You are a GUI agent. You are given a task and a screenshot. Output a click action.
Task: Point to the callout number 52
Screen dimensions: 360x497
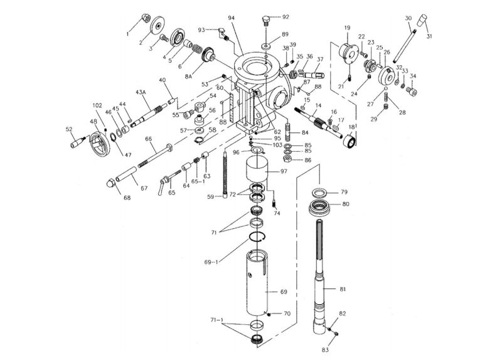[69, 129]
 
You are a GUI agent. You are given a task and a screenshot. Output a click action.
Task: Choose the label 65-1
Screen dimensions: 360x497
[198, 181]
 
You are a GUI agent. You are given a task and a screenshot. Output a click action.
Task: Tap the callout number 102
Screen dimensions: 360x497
[97, 105]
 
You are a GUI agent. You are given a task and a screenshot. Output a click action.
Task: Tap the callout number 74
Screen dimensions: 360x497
[276, 213]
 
